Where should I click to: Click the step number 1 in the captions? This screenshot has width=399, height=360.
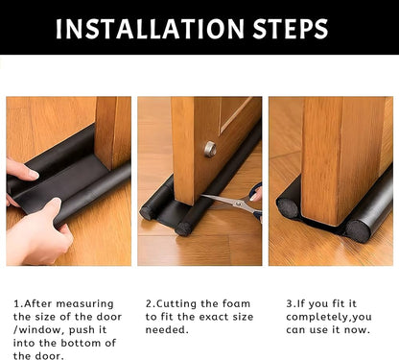[16, 303]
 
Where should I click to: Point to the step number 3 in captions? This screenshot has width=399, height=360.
[290, 303]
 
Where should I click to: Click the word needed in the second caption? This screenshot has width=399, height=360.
[168, 330]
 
